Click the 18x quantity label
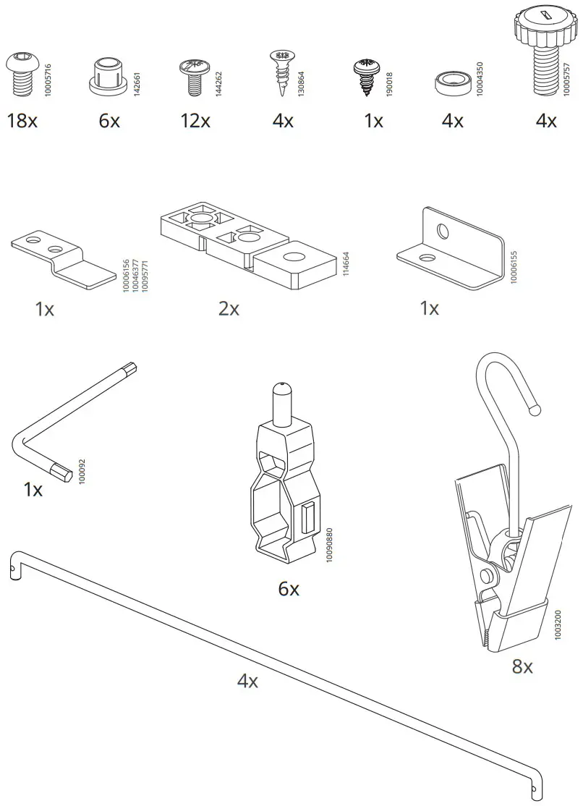22,121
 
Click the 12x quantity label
195,121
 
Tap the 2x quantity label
229,309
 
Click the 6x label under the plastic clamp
289,589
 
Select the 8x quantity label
522,666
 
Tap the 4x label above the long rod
247,681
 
